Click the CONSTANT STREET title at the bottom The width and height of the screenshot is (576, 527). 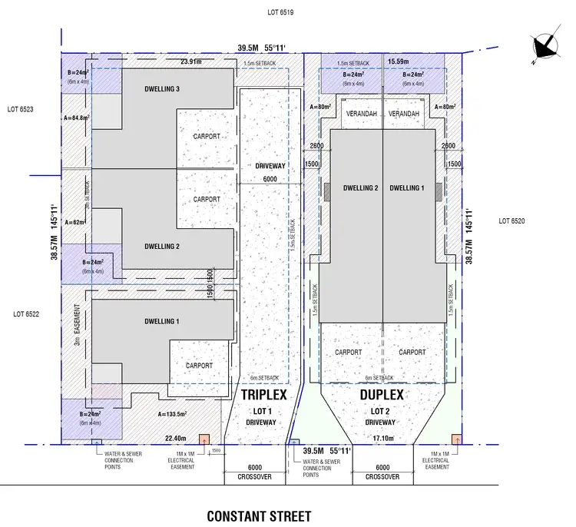pyautogui.click(x=259, y=515)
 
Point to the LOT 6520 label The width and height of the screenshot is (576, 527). pyautogui.click(x=511, y=220)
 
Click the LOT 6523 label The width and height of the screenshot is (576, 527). pyautogui.click(x=21, y=110)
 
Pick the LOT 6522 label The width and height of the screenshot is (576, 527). pyautogui.click(x=26, y=314)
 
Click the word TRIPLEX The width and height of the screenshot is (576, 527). pyautogui.click(x=264, y=395)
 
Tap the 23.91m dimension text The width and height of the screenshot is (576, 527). pyautogui.click(x=192, y=61)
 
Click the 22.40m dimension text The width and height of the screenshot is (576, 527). pyautogui.click(x=176, y=439)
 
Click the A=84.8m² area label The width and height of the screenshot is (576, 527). pyautogui.click(x=77, y=118)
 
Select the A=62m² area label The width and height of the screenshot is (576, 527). pyautogui.click(x=76, y=222)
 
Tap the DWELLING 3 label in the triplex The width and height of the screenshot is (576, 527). pyautogui.click(x=162, y=89)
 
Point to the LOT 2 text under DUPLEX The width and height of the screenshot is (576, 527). pyautogui.click(x=379, y=411)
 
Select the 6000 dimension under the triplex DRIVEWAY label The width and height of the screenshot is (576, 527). pyautogui.click(x=270, y=180)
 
